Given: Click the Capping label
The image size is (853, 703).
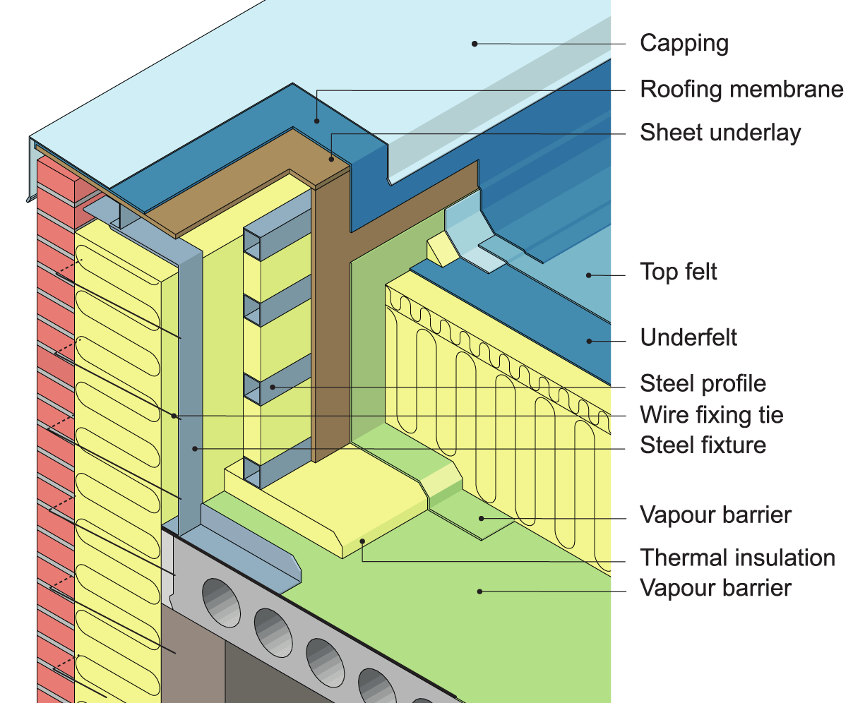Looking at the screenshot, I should pyautogui.click(x=684, y=43).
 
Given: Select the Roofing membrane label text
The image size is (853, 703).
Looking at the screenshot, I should pyautogui.click(x=741, y=90).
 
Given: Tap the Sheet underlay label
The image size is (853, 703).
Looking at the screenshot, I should pyautogui.click(x=720, y=133).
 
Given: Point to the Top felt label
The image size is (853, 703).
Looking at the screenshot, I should pyautogui.click(x=678, y=272).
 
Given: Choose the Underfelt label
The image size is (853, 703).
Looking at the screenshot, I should pyautogui.click(x=688, y=337).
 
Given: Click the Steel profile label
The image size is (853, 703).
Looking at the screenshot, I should pyautogui.click(x=703, y=383).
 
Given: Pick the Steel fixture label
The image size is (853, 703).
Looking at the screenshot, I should pyautogui.click(x=703, y=445).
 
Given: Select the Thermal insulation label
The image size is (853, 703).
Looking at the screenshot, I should pyautogui.click(x=737, y=558).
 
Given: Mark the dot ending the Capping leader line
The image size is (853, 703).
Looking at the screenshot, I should pyautogui.click(x=475, y=44).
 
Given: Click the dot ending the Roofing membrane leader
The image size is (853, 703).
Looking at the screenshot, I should pyautogui.click(x=317, y=121).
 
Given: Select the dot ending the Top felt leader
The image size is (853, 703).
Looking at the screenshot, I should pyautogui.click(x=588, y=275).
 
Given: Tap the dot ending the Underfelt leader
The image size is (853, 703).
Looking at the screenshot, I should pyautogui.click(x=588, y=341).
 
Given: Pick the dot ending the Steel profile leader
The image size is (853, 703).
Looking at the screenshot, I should pyautogui.click(x=272, y=387).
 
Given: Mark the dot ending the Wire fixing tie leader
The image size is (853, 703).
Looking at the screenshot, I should pyautogui.click(x=174, y=416).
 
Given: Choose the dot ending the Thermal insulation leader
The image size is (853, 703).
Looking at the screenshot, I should pyautogui.click(x=362, y=541).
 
